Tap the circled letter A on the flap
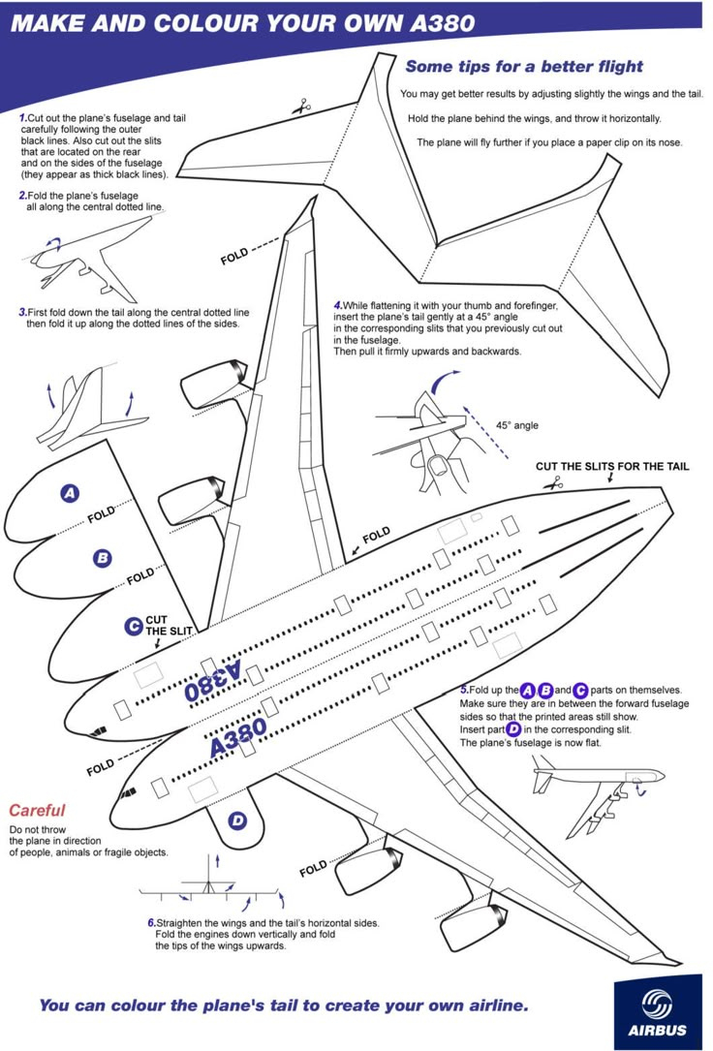click(x=70, y=493)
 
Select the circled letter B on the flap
click(x=102, y=557)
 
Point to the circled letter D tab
click(x=236, y=821)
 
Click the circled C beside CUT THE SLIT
click(x=134, y=627)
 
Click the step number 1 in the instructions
click(x=22, y=118)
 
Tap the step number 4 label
click(x=336, y=306)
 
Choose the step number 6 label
click(x=151, y=923)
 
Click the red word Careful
click(x=37, y=810)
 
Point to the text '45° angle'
click(x=516, y=425)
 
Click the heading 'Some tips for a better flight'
click(x=523, y=67)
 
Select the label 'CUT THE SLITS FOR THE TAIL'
click(x=612, y=467)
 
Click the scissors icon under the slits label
click(x=552, y=482)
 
